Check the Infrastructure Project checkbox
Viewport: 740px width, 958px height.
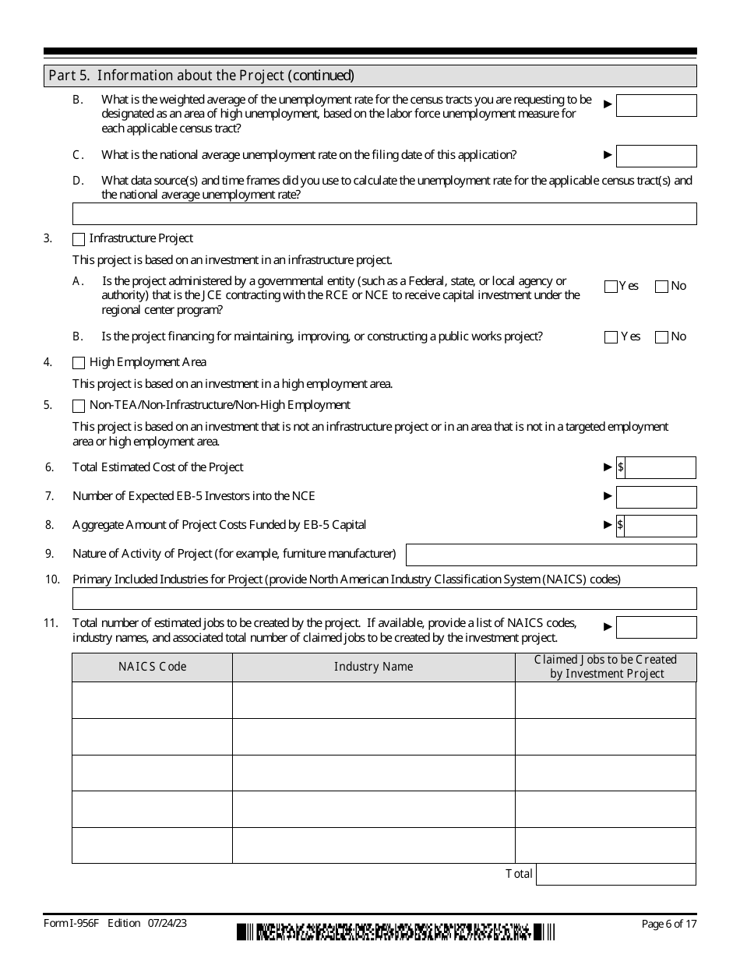pyautogui.click(x=79, y=239)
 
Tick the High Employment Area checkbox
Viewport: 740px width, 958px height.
pyautogui.click(x=79, y=363)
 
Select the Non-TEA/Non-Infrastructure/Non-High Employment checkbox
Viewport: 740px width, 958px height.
pyautogui.click(x=79, y=406)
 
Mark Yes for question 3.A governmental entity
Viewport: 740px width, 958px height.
pyautogui.click(x=611, y=287)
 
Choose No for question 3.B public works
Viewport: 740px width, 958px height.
pyautogui.click(x=661, y=337)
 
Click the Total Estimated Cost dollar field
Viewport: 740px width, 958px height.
pyautogui.click(x=660, y=467)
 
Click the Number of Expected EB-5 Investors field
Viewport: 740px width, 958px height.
pyautogui.click(x=656, y=497)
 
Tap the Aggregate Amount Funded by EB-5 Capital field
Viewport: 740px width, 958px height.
pyautogui.click(x=660, y=526)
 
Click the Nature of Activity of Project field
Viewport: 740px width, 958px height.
pyautogui.click(x=551, y=555)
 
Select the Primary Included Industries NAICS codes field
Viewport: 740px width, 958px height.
pyautogui.click(x=384, y=598)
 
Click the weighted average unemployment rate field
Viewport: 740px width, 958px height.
pyautogui.click(x=656, y=105)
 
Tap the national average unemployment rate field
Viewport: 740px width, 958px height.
pyautogui.click(x=656, y=156)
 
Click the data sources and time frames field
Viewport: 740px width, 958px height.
pyautogui.click(x=384, y=213)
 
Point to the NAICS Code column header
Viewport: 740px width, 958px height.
pyautogui.click(x=152, y=667)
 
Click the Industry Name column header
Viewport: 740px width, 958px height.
pyautogui.click(x=373, y=667)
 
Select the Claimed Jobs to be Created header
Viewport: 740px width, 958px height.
pyautogui.click(x=605, y=667)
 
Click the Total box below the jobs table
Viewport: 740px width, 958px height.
pyautogui.click(x=615, y=875)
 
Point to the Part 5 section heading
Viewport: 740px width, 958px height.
pyautogui.click(x=201, y=76)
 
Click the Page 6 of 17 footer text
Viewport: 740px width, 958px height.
pyautogui.click(x=668, y=925)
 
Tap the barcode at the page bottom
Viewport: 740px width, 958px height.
pyautogui.click(x=396, y=931)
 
